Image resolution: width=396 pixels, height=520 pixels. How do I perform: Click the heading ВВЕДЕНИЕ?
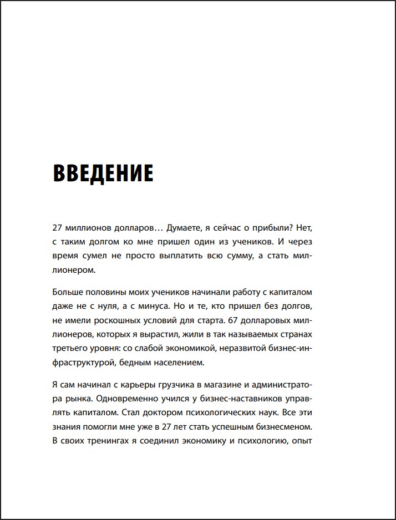tap(103, 174)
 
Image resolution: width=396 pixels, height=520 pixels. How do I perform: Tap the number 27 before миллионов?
tap(58, 228)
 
